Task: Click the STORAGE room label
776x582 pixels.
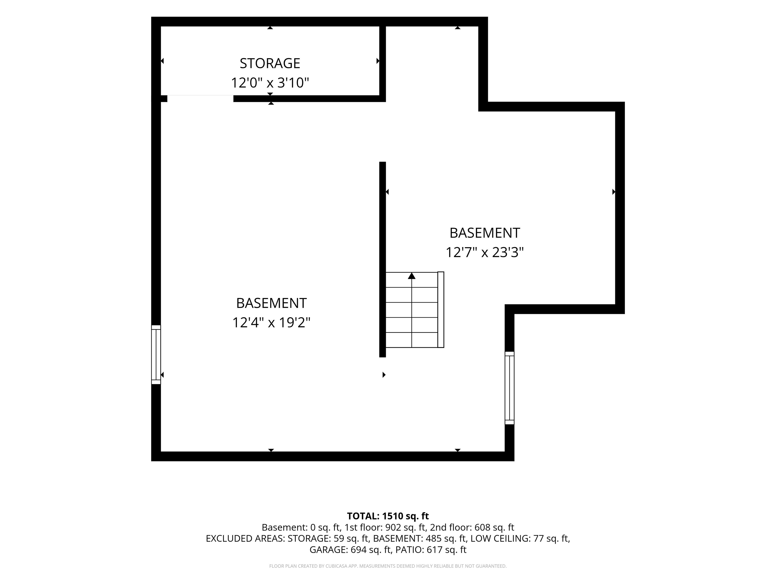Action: click(270, 63)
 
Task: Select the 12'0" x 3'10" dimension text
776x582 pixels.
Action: click(270, 83)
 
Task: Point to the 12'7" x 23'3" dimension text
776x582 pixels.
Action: click(484, 253)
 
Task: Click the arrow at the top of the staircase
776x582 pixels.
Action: click(411, 276)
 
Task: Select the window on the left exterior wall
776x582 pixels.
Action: click(156, 355)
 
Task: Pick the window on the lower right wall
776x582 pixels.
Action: click(510, 388)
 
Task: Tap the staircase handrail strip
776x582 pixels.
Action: click(441, 310)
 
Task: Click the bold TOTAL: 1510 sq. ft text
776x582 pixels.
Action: click(388, 516)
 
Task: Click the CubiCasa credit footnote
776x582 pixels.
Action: click(388, 566)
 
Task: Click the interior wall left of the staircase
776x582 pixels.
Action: click(382, 260)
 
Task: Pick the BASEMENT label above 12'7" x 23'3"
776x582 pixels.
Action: click(484, 233)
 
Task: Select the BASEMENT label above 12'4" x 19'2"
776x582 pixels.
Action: click(271, 303)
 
